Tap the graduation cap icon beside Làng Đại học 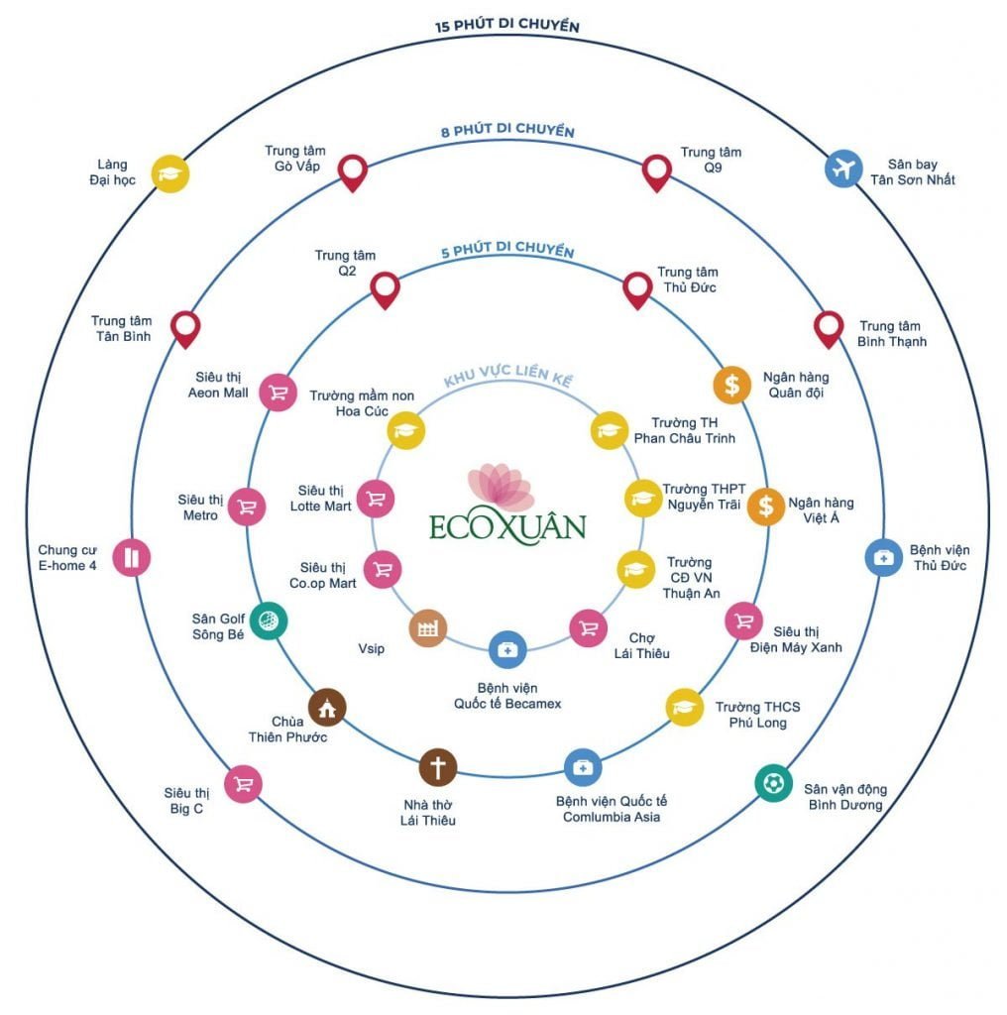coord(170,173)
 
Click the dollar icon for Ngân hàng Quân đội coord(731,385)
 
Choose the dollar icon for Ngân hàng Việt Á coord(765,506)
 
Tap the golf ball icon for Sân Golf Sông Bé coord(269,620)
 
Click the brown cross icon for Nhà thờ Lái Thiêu coord(437,766)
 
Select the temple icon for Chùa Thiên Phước coord(327,707)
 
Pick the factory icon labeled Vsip coord(428,628)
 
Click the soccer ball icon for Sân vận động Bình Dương coord(773,783)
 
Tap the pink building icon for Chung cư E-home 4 coord(132,557)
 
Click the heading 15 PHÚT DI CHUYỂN coord(506,26)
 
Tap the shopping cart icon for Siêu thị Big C coord(243,784)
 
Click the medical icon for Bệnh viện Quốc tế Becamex coord(507,649)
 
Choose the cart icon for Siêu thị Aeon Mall coord(278,393)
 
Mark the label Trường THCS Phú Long coord(757,715)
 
